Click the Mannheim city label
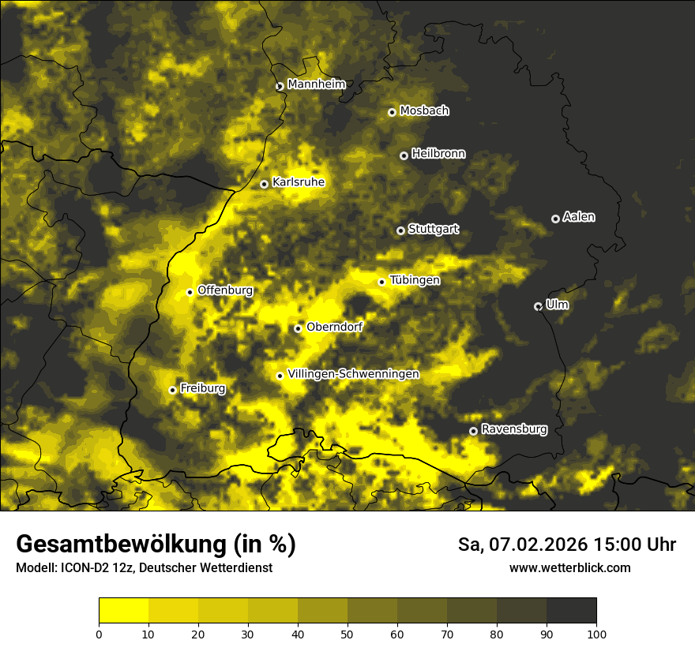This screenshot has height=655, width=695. (316, 84)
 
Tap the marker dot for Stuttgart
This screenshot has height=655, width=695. (400, 230)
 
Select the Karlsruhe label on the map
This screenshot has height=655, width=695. (298, 182)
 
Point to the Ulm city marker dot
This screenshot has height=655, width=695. (538, 306)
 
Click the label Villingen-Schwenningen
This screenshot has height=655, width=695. (353, 374)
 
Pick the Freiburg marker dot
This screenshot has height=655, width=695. (172, 390)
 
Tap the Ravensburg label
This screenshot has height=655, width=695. (513, 429)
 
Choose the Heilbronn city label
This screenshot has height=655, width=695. (438, 154)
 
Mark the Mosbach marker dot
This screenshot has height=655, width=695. (392, 112)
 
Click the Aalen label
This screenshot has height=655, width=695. (579, 217)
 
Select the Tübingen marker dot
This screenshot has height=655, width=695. (381, 282)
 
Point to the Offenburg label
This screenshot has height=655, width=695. (225, 290)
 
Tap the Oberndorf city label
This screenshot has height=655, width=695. (334, 327)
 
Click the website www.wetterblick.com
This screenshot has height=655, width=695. (569, 567)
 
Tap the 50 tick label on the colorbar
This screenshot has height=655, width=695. (347, 633)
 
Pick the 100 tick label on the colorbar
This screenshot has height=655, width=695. (595, 633)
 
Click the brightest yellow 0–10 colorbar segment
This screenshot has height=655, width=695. (123, 610)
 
